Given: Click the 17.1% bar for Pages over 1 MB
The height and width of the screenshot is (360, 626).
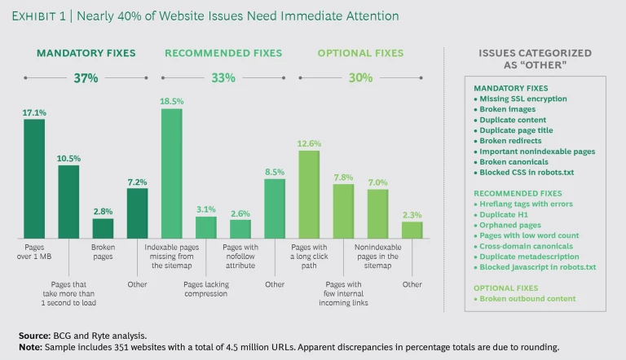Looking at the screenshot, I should (34, 178).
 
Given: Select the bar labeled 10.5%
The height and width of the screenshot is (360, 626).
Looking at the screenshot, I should (68, 200).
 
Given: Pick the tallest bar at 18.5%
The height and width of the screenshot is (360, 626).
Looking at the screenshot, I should (172, 173).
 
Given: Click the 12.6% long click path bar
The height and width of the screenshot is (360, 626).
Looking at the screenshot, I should (310, 194).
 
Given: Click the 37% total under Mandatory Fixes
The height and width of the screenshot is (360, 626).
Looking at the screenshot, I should (86, 78).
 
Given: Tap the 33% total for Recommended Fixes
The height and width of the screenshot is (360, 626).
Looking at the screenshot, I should (223, 78).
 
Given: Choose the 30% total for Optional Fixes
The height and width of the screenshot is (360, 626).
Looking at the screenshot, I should (360, 78).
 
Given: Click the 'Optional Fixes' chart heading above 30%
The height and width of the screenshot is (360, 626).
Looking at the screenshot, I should (360, 54).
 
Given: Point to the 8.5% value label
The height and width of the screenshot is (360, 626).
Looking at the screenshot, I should (275, 172).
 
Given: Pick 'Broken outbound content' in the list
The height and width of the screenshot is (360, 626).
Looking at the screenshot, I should (527, 299).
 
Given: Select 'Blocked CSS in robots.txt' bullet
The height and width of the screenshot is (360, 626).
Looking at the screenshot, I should (527, 172).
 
